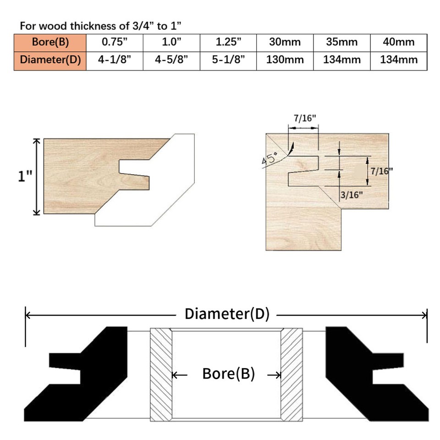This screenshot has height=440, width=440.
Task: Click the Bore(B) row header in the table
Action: [50, 42]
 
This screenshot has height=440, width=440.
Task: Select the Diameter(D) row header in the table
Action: [50, 60]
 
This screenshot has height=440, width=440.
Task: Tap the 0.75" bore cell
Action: [114, 42]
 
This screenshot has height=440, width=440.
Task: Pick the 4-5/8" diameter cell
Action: [171, 60]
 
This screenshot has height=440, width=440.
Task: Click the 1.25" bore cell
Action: [228, 42]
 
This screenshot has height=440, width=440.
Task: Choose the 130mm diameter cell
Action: [285, 60]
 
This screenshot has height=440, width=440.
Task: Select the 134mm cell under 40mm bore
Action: [399, 60]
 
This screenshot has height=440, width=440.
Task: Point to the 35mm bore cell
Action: [341, 42]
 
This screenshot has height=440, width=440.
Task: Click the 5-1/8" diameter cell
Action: [228, 60]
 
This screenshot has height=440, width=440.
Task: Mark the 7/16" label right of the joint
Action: [382, 170]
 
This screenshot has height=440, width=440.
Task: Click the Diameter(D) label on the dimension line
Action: [227, 314]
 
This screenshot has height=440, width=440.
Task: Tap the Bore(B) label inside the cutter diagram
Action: [228, 374]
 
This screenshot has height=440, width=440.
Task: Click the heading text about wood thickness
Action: [102, 25]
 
